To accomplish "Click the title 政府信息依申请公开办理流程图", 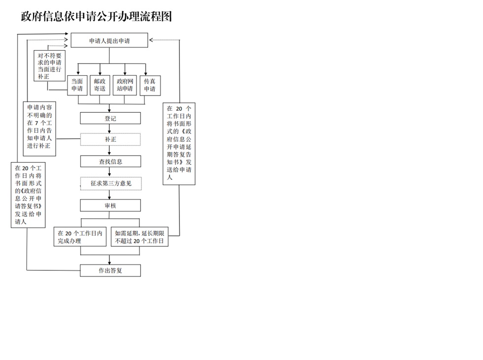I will (x=96, y=17).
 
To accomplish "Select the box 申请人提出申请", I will (x=109, y=41).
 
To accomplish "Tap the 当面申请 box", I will (x=77, y=85).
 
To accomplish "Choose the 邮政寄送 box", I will (x=100, y=85).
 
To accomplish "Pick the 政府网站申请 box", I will (x=125, y=85).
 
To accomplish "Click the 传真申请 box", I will (x=149, y=85).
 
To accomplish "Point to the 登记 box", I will (x=110, y=118).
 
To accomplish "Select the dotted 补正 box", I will (x=110, y=139).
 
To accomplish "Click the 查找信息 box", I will (x=110, y=162).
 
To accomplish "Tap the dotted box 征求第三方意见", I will (x=110, y=184).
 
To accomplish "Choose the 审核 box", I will (x=110, y=205).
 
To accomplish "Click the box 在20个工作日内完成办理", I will (x=80, y=237).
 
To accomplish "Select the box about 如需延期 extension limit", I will (x=140, y=237).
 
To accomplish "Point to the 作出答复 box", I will (x=110, y=270).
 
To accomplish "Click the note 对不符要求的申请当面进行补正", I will (x=50, y=66).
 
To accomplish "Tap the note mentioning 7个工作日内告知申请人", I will (x=42, y=129).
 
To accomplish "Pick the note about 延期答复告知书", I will (x=179, y=143).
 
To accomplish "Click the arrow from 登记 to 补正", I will (x=110, y=129).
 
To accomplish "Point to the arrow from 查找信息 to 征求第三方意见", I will (x=110, y=172).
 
